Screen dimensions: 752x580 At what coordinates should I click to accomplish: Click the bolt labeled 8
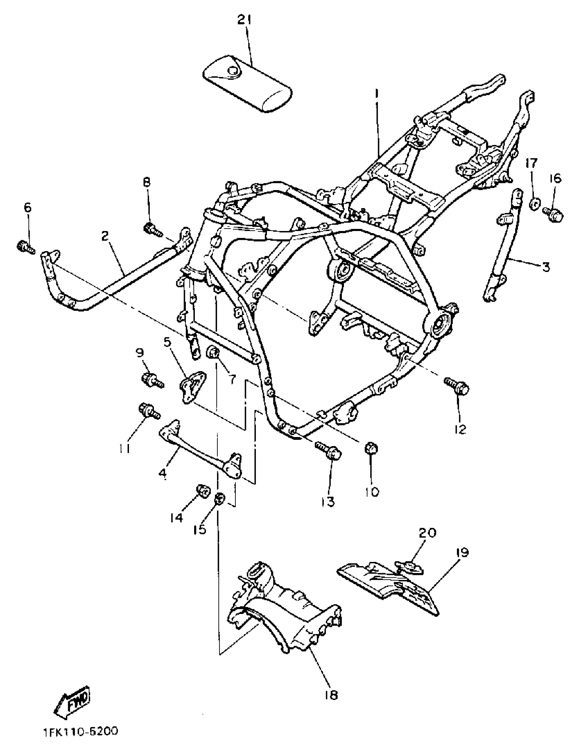click(x=152, y=229)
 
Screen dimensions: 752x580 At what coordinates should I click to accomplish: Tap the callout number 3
click(x=546, y=267)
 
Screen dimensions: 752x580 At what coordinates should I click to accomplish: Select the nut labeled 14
click(x=202, y=491)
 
